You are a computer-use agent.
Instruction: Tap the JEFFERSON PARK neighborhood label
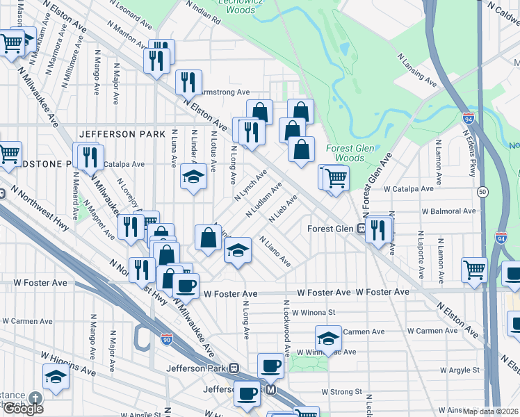pos(122,134)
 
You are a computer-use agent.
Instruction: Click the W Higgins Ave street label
pos(68,362)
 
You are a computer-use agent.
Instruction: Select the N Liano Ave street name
pos(275,252)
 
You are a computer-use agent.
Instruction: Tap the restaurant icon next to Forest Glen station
pos(379,229)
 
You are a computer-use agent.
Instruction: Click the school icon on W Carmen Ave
pos(328,338)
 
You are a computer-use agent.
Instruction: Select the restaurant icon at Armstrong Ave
pos(188,83)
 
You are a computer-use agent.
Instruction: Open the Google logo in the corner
pos(23,409)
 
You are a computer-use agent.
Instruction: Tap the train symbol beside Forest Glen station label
pos(361,228)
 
